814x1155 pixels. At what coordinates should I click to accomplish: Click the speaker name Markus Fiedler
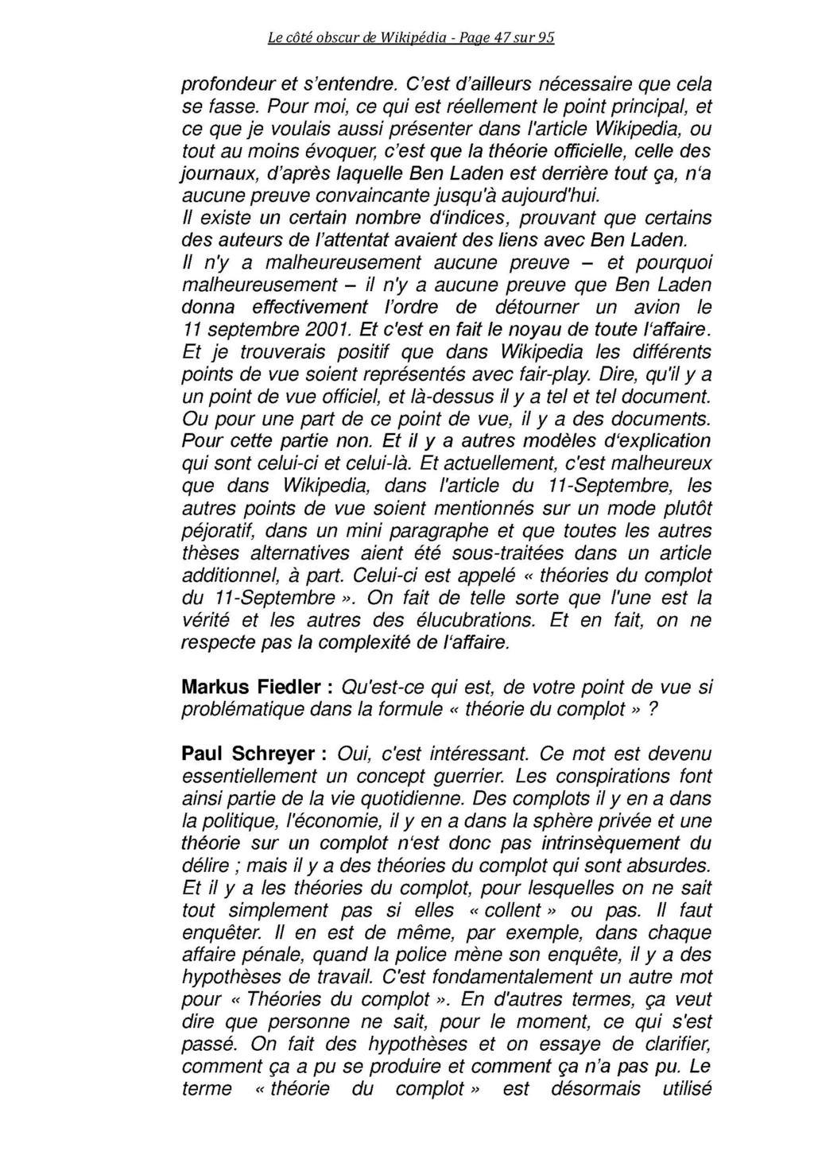click(249, 687)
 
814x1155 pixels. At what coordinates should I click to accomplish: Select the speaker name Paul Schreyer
click(248, 754)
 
